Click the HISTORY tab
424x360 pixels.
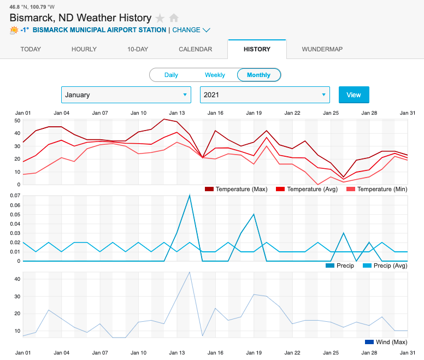257,49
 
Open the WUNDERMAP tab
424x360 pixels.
323,49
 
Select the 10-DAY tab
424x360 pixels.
138,49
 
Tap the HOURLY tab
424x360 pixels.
84,49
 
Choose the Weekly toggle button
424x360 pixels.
215,75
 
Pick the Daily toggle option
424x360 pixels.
171,75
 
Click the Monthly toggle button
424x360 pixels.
258,75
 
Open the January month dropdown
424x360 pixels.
126,95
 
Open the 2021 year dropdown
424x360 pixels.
264,95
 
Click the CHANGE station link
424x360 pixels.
191,30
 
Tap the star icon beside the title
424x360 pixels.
160,18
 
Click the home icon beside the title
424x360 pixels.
174,18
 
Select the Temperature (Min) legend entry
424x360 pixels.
377,189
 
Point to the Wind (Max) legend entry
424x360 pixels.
386,342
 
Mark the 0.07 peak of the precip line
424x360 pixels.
190,196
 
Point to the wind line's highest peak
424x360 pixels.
190,272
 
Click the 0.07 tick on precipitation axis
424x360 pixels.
15,196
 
